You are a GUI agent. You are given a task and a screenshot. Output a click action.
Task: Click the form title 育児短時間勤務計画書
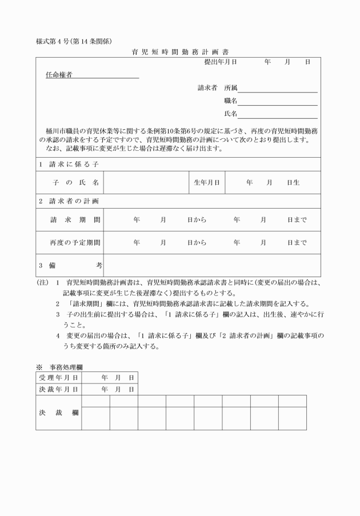pyautogui.click(x=180, y=51)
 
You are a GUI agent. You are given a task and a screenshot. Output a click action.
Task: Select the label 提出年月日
pyautogui.click(x=221, y=61)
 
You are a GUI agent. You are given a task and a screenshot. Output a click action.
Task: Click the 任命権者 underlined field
pyautogui.click(x=92, y=75)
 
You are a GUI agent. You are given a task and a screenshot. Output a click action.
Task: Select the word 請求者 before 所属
pyautogui.click(x=207, y=89)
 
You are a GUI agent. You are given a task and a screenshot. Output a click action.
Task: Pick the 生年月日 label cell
pyautogui.click(x=207, y=182)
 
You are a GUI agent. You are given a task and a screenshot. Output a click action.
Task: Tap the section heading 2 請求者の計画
pyautogui.click(x=69, y=201)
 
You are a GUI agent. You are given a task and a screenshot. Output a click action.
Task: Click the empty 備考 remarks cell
pyautogui.click(x=211, y=266)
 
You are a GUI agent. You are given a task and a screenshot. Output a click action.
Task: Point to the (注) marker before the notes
pyautogui.click(x=42, y=282)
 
